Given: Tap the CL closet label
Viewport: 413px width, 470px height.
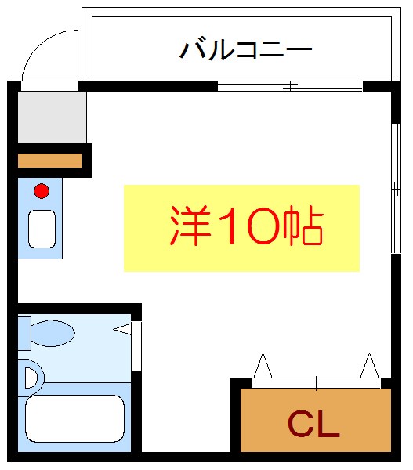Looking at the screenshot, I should tap(313, 424).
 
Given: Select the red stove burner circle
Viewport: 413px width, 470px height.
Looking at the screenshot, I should tap(41, 190).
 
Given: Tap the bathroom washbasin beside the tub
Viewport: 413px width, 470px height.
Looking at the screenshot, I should tap(30, 378).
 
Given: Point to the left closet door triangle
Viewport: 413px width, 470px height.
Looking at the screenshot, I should tap(263, 366).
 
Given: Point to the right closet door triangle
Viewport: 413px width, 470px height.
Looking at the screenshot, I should tap(368, 366).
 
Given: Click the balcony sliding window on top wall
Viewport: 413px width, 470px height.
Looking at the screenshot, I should tap(290, 86).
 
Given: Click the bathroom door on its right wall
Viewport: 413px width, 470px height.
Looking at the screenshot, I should tap(136, 345).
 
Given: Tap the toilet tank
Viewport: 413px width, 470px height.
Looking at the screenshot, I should tap(24, 333).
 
